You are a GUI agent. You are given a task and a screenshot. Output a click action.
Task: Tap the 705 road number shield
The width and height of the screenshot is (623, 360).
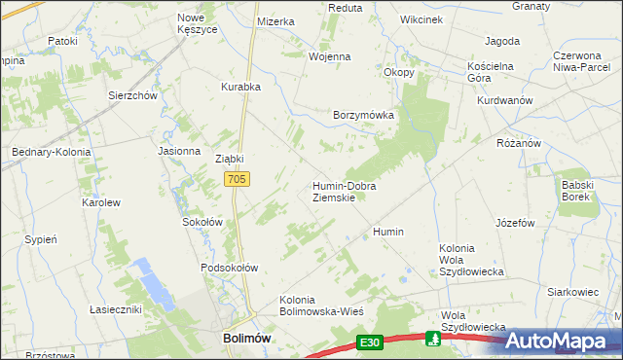pyautogui.click(x=238, y=179)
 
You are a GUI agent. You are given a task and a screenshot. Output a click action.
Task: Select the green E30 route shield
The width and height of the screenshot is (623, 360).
pyautogui.click(x=368, y=342)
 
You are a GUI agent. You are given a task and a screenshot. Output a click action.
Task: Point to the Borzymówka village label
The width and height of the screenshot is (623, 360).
pyautogui.click(x=363, y=115)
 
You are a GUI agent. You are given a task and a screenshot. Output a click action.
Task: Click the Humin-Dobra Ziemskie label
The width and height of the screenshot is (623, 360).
pyautogui.click(x=344, y=191)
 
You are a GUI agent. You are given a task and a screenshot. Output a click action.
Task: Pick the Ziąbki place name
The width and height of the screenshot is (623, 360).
pyautogui.click(x=228, y=159)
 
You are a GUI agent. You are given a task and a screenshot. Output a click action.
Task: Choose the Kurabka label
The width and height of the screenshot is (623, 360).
pyautogui.click(x=240, y=87)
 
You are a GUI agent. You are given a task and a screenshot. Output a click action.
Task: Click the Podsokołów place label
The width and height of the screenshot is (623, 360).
pyautogui.click(x=229, y=268)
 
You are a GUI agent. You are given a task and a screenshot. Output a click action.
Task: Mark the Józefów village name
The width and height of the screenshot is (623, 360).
pyautogui.click(x=516, y=223)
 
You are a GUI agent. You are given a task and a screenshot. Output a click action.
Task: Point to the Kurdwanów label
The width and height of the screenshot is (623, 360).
pyautogui.click(x=504, y=101)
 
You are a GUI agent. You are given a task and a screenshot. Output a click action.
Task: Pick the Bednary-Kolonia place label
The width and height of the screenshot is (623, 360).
pyautogui.click(x=51, y=153)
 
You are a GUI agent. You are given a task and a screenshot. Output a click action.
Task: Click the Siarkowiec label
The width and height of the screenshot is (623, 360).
pyautogui.click(x=571, y=291)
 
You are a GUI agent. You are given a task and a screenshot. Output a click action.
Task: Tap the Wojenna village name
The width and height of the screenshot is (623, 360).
pyautogui.click(x=329, y=56)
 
